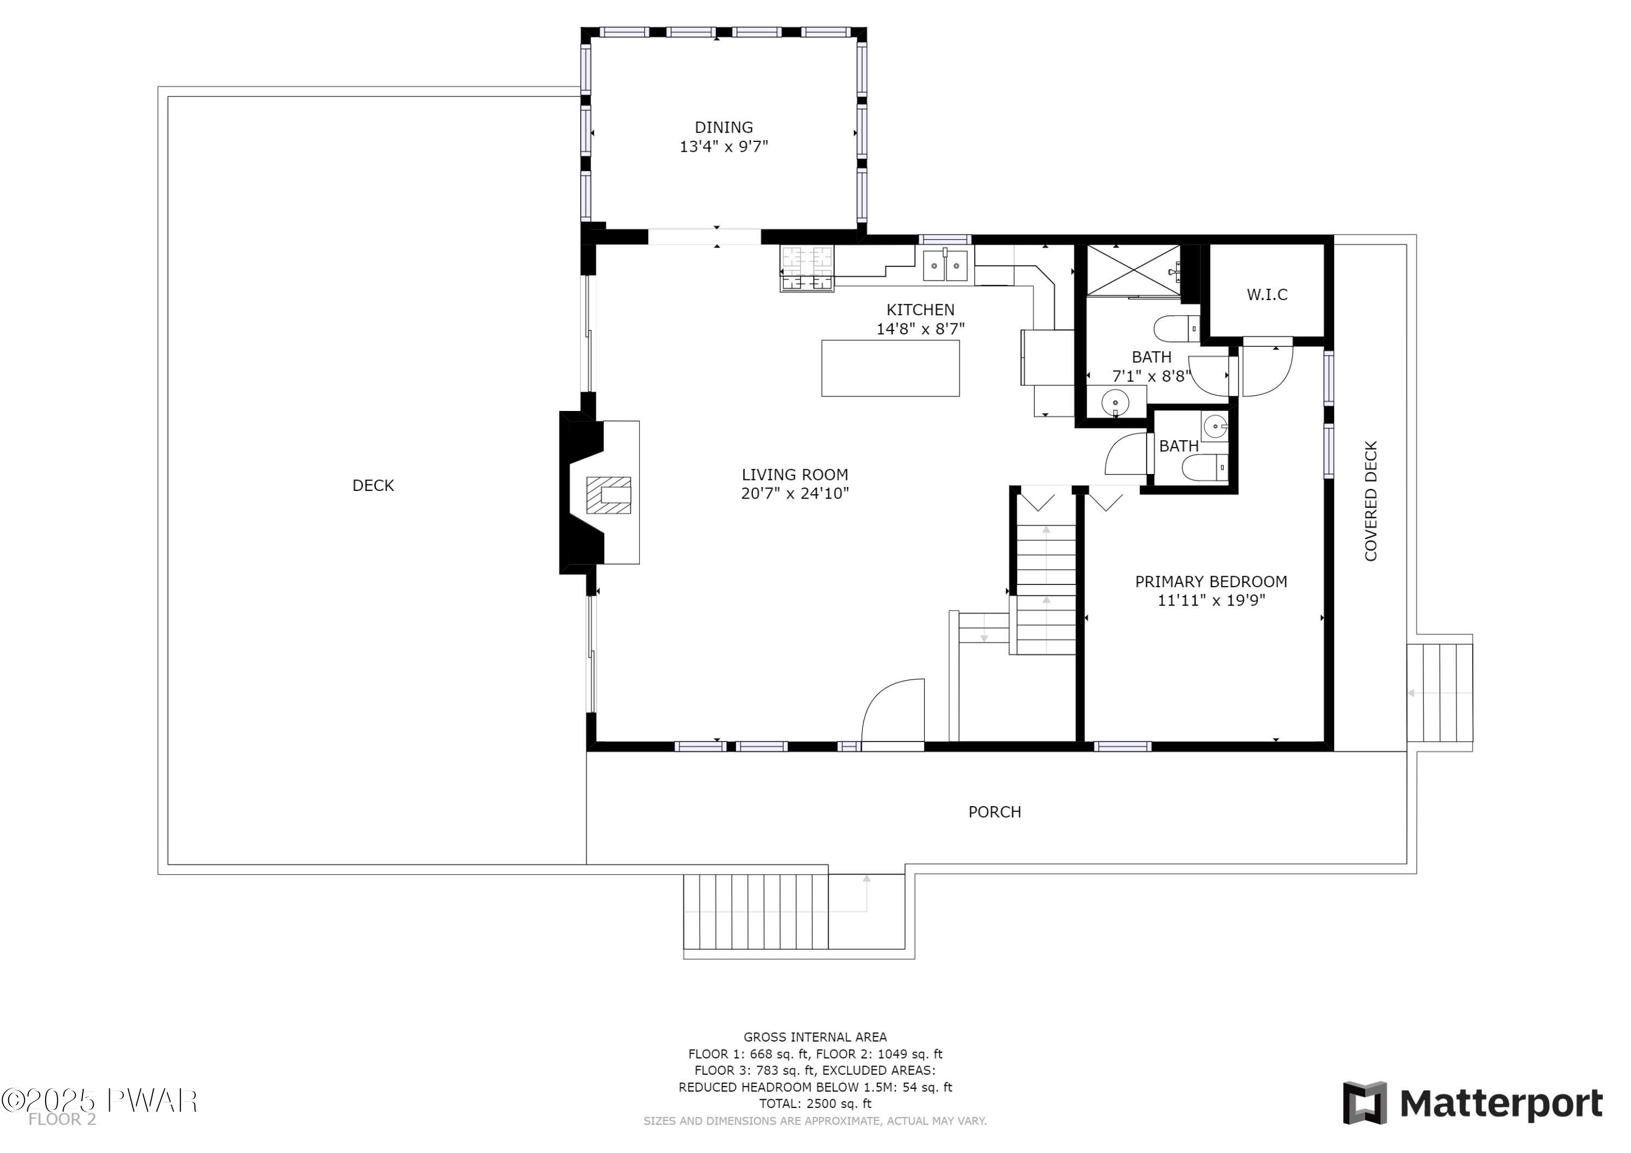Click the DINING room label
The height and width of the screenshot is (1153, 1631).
point(724,127)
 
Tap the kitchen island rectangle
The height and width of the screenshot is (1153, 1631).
point(890,368)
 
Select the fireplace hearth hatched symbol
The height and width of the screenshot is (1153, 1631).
point(608,495)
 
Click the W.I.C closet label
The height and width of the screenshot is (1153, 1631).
point(1267,294)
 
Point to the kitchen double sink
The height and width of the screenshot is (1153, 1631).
point(945,266)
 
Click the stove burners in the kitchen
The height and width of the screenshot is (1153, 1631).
point(806,269)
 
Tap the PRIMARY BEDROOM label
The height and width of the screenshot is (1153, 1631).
point(1211,582)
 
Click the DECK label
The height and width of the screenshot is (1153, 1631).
point(373,485)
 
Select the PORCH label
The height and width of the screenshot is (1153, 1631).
point(994,812)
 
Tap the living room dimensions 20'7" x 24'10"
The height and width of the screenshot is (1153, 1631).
point(795,494)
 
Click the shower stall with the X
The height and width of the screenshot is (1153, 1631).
point(1134,269)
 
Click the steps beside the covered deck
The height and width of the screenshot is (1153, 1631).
point(1439,693)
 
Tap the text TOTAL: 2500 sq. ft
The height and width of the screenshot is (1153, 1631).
point(815,1104)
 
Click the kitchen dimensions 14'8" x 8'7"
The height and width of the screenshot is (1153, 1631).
point(920,329)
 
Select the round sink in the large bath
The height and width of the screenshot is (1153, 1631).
point(1115,403)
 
